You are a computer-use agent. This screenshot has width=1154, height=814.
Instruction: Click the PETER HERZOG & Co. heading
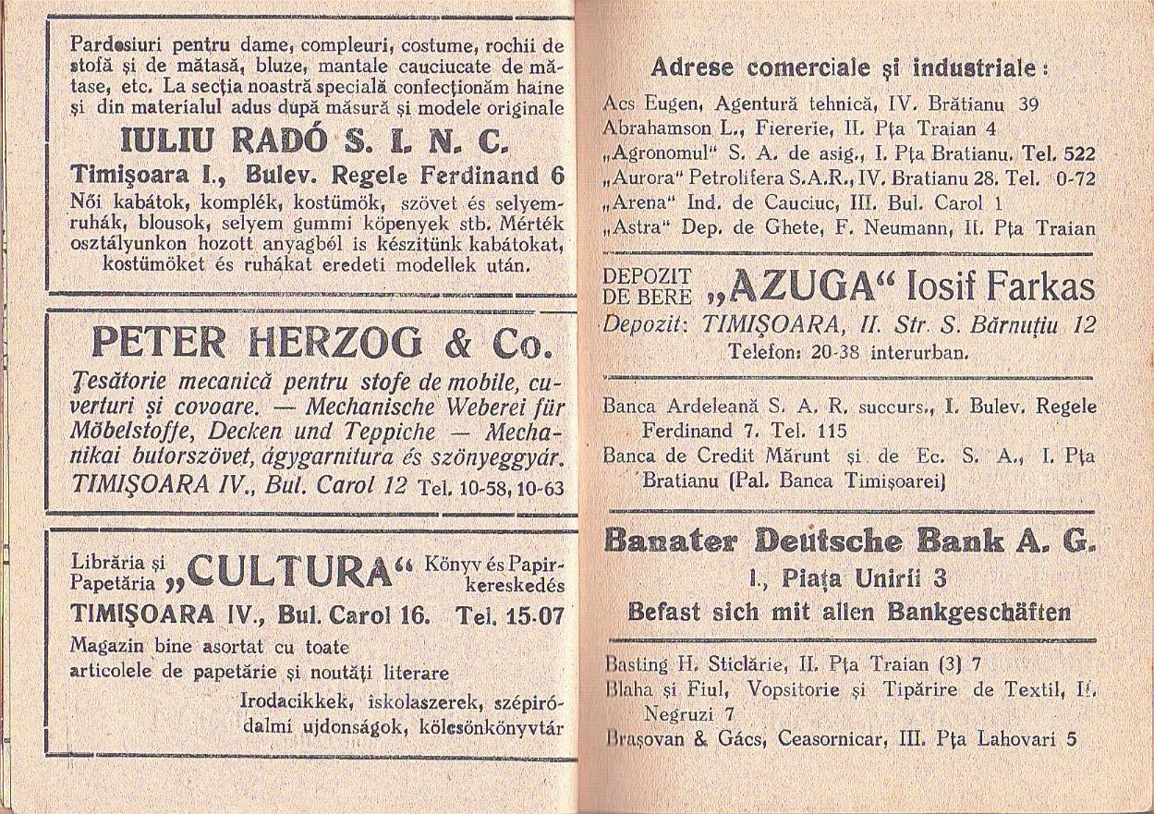321,344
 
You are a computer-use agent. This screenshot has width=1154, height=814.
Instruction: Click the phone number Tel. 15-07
511,615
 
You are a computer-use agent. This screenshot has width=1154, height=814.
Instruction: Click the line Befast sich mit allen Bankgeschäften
849,612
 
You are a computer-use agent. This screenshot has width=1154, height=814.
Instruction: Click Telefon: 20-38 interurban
847,352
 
